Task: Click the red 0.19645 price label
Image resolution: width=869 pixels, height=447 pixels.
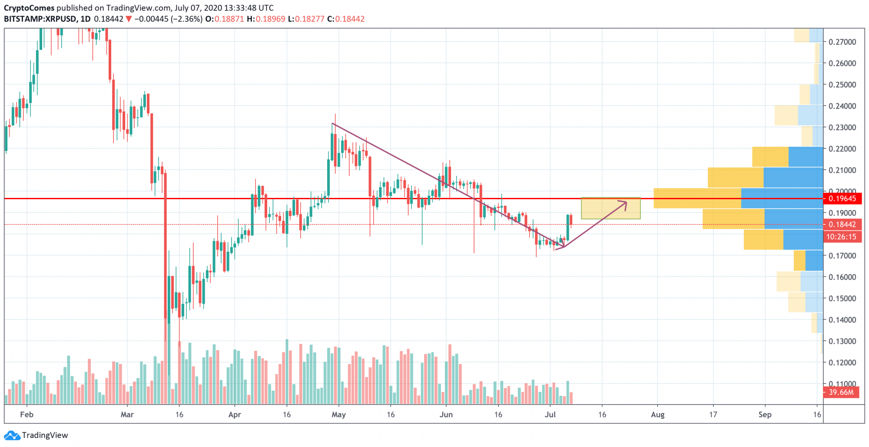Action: pyautogui.click(x=842, y=199)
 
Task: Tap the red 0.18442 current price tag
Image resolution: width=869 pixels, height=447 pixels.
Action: pyautogui.click(x=842, y=224)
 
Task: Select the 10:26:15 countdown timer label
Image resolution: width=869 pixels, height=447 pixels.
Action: pyautogui.click(x=841, y=237)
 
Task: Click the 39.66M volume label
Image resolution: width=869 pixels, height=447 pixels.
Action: pyautogui.click(x=841, y=392)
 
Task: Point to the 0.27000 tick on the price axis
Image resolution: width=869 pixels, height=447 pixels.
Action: pyautogui.click(x=842, y=42)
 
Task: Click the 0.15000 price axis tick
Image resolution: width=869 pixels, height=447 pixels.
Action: pyautogui.click(x=842, y=299)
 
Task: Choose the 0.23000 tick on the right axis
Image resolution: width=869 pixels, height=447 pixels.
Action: pyautogui.click(x=842, y=128)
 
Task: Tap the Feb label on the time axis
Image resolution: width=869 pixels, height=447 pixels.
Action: pyautogui.click(x=27, y=414)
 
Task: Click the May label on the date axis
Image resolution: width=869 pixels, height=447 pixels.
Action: pyautogui.click(x=338, y=414)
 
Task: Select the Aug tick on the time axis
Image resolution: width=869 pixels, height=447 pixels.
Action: pyautogui.click(x=657, y=414)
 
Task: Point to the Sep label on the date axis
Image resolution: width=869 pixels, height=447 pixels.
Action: pyautogui.click(x=765, y=414)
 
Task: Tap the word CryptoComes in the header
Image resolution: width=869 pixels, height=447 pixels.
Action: pyautogui.click(x=29, y=8)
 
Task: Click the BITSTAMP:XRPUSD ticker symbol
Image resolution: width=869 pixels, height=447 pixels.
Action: pyautogui.click(x=40, y=19)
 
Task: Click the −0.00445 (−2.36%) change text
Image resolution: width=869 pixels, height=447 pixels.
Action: pyautogui.click(x=168, y=19)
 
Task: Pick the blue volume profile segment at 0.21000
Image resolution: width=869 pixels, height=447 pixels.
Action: pyautogui.click(x=793, y=177)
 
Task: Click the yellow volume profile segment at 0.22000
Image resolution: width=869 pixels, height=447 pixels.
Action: pyautogui.click(x=770, y=157)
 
